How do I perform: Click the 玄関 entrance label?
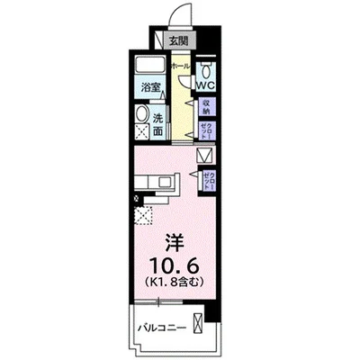178,40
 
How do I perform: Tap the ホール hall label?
178,67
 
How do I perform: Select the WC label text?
205,86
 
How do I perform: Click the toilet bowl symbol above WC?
205,71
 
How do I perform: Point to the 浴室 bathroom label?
150,87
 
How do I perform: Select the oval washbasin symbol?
142,113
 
